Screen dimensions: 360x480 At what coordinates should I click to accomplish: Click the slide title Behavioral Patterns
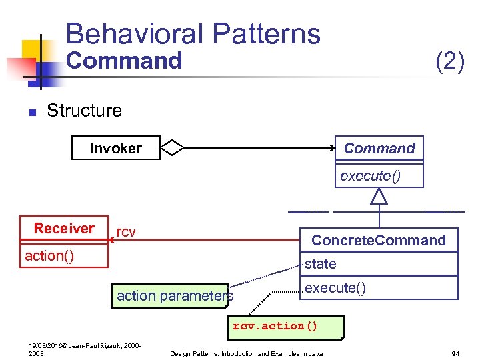[x=193, y=34]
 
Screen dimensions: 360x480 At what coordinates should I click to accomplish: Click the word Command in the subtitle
[x=124, y=61]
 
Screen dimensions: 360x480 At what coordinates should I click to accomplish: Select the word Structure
[x=84, y=110]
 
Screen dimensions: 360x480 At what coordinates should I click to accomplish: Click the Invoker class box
[x=116, y=148]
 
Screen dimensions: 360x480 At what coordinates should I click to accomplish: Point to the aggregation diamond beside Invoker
[x=173, y=148]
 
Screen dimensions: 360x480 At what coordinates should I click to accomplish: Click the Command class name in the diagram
[x=379, y=148]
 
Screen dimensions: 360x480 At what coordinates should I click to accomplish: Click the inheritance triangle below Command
[x=379, y=196]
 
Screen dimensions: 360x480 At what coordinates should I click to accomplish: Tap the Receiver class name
[x=64, y=229]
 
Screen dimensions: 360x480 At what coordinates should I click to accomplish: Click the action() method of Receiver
[x=49, y=256]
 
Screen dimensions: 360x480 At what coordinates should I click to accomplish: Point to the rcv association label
[x=126, y=232]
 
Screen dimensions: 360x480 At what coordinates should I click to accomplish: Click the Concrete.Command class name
[x=379, y=240]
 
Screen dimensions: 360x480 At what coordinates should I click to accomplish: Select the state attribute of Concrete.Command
[x=321, y=264]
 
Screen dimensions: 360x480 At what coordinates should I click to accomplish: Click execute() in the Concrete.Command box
[x=335, y=288]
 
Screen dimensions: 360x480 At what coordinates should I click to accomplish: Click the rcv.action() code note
[x=275, y=326]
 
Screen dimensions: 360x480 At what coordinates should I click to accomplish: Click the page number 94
[x=456, y=353]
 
